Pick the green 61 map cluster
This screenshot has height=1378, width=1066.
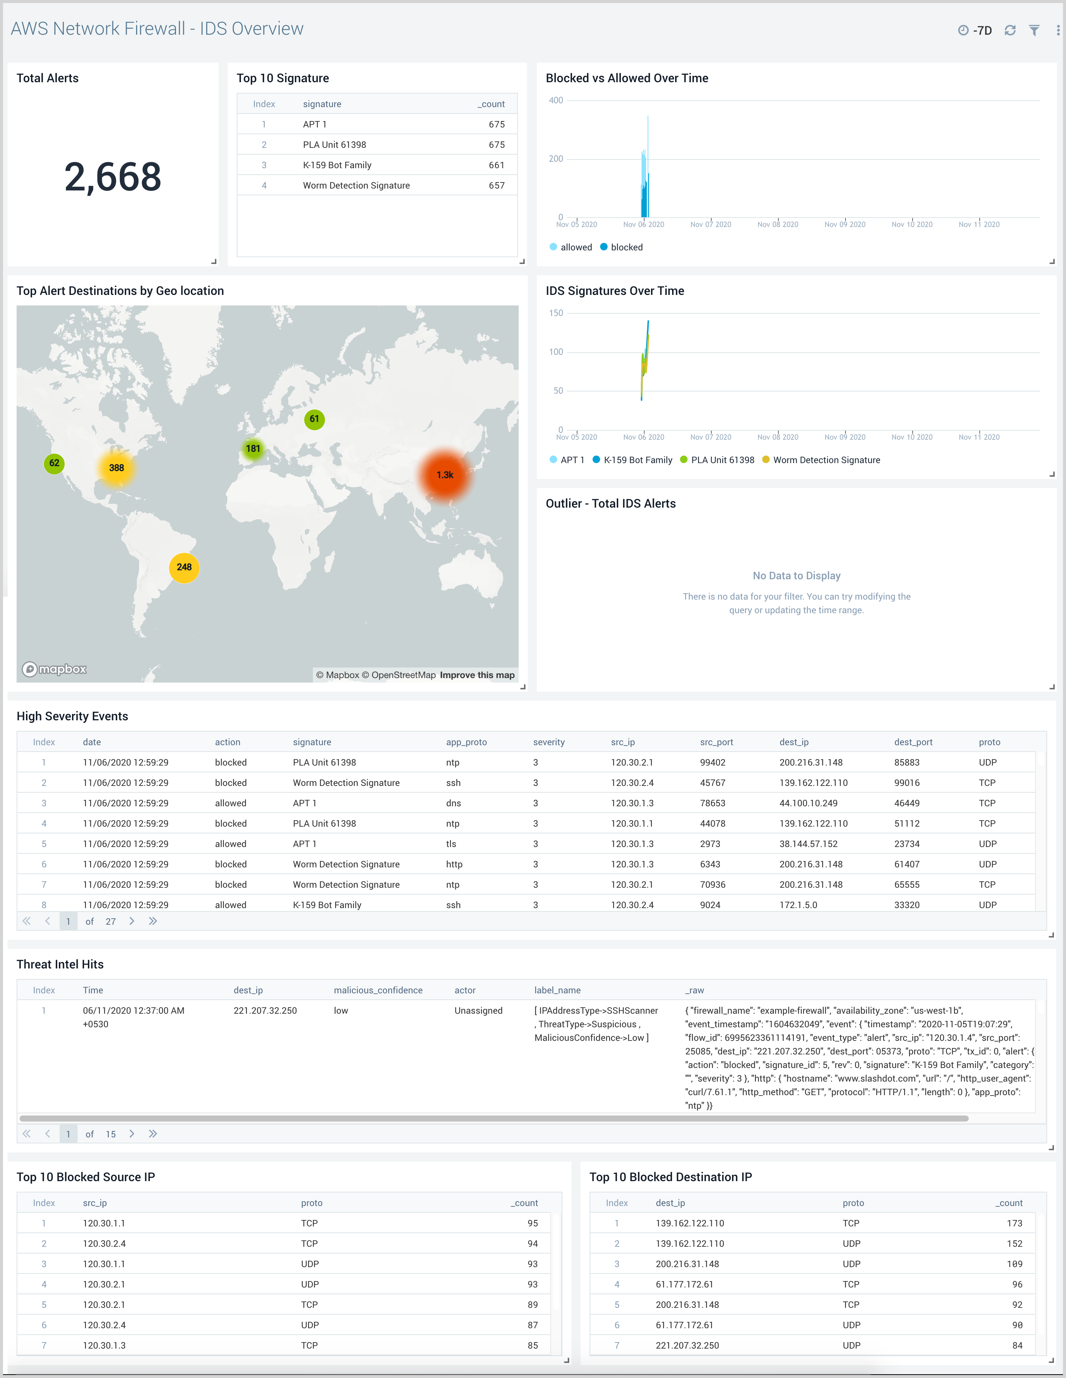pyautogui.click(x=314, y=419)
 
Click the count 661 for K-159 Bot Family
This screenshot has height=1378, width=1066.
pyautogui.click(x=496, y=165)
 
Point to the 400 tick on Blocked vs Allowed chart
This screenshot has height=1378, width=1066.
pyautogui.click(x=556, y=100)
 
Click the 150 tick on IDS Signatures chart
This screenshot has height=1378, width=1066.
pyautogui.click(x=556, y=313)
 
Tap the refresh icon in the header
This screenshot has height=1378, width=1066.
pyautogui.click(x=1010, y=30)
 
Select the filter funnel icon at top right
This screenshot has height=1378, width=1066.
pyautogui.click(x=1034, y=30)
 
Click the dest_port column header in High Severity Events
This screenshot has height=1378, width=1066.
pyautogui.click(x=913, y=742)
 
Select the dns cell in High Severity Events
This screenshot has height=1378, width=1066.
pyautogui.click(x=453, y=803)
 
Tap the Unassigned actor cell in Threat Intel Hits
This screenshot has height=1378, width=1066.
pyautogui.click(x=478, y=1011)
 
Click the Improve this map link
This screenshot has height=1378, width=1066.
pyautogui.click(x=477, y=675)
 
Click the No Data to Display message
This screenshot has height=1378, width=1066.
pyautogui.click(x=796, y=575)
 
